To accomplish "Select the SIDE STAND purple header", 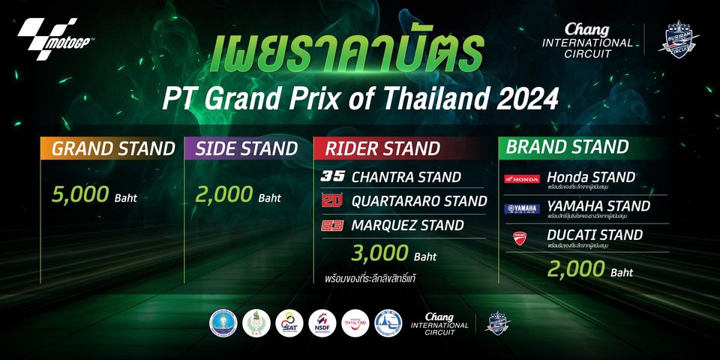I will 246,148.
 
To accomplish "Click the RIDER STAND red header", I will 382,148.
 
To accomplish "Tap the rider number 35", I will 331,178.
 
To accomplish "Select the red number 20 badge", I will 331,201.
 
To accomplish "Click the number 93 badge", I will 331,224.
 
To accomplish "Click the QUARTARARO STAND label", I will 418,201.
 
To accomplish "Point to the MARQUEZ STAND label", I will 407,224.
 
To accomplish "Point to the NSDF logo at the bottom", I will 322,322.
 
